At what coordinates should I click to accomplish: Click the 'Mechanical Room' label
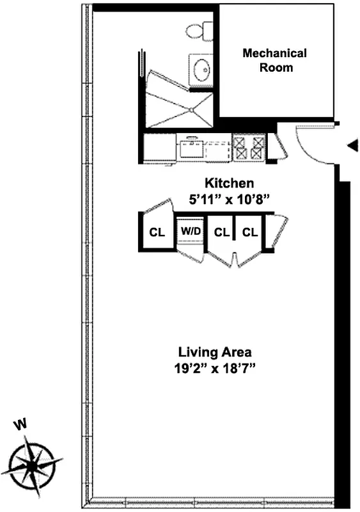(274, 60)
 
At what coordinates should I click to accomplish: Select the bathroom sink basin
(201, 68)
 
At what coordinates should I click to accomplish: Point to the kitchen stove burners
(249, 148)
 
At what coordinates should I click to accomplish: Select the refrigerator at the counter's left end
(160, 148)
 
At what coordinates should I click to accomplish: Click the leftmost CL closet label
(157, 232)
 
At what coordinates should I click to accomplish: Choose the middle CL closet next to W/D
(221, 232)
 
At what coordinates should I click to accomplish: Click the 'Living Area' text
(215, 352)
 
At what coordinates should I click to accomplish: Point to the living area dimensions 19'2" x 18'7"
(215, 368)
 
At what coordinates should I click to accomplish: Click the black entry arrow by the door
(352, 147)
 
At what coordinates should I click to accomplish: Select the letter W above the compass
(22, 424)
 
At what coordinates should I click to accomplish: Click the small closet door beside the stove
(278, 146)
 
